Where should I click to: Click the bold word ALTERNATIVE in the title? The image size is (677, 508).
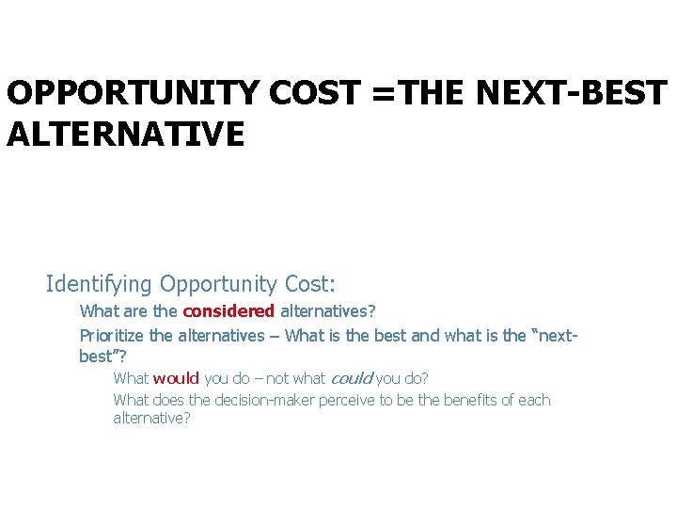coord(125,134)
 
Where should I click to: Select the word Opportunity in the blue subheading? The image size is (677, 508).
coord(218,283)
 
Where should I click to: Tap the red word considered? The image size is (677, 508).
coord(228,310)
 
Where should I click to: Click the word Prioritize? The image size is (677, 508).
coord(113,335)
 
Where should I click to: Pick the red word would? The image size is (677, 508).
coord(176,378)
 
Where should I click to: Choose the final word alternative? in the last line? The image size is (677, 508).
coord(151,418)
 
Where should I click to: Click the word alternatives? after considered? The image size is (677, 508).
coord(328,310)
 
